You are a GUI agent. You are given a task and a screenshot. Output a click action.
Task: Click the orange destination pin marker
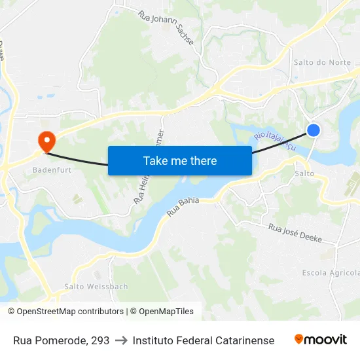46,140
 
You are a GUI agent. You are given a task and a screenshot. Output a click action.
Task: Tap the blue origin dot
314,130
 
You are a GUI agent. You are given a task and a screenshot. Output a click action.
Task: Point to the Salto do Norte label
322,62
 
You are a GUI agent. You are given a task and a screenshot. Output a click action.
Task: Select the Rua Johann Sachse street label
166,27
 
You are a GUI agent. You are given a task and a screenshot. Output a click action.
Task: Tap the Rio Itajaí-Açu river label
275,139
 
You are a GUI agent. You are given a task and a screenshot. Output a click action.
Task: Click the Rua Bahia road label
183,207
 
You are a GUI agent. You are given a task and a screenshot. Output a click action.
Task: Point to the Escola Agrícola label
331,272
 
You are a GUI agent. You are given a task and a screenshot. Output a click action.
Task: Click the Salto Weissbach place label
96,287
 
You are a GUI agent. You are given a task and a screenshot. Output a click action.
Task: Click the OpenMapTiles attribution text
166,312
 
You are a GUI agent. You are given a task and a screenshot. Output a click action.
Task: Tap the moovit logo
320,340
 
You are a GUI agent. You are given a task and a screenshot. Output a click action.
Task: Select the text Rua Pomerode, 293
62,340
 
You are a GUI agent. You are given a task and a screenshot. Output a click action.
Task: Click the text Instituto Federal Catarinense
203,340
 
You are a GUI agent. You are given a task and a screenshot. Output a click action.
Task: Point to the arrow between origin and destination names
121,340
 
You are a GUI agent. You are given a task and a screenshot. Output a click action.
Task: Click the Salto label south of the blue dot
305,173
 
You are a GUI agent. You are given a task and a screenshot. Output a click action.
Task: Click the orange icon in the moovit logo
299,339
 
